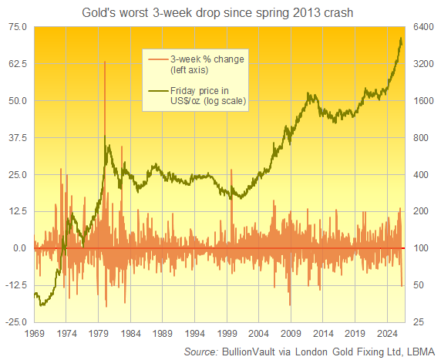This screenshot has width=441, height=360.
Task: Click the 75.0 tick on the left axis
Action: (x=16, y=27)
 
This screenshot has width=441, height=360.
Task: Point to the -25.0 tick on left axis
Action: (x=15, y=321)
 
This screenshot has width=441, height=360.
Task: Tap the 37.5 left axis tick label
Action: (x=16, y=137)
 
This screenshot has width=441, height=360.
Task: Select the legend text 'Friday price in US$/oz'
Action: (x=198, y=98)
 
